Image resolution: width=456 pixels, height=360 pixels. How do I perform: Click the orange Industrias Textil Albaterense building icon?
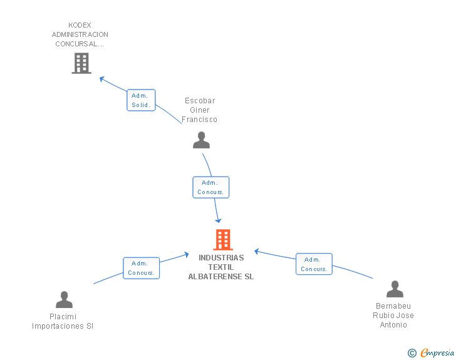click(223, 240)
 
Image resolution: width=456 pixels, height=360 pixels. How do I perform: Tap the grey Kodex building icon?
click(81, 63)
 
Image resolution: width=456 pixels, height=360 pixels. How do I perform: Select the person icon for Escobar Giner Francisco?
click(201, 140)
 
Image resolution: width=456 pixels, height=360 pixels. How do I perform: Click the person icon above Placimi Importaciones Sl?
click(64, 300)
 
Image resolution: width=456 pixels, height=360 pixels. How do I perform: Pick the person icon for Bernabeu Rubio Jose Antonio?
click(395, 289)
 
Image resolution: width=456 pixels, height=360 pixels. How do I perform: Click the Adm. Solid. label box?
click(141, 100)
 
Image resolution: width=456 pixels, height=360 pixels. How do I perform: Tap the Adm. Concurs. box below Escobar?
click(210, 187)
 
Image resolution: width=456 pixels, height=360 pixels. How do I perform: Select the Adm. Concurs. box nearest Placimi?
click(142, 268)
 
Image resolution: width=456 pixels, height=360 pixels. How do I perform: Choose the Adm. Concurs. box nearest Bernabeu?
click(314, 264)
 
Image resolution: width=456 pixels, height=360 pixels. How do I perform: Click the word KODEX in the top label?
click(80, 25)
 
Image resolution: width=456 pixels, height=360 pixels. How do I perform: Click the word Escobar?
click(200, 101)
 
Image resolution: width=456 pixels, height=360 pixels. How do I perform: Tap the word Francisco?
click(200, 120)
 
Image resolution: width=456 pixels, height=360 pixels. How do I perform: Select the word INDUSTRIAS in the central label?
click(221, 257)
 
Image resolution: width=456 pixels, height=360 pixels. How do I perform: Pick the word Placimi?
click(63, 317)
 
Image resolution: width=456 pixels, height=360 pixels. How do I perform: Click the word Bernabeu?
click(393, 306)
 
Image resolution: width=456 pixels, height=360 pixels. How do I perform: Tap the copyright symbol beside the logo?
click(412, 353)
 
